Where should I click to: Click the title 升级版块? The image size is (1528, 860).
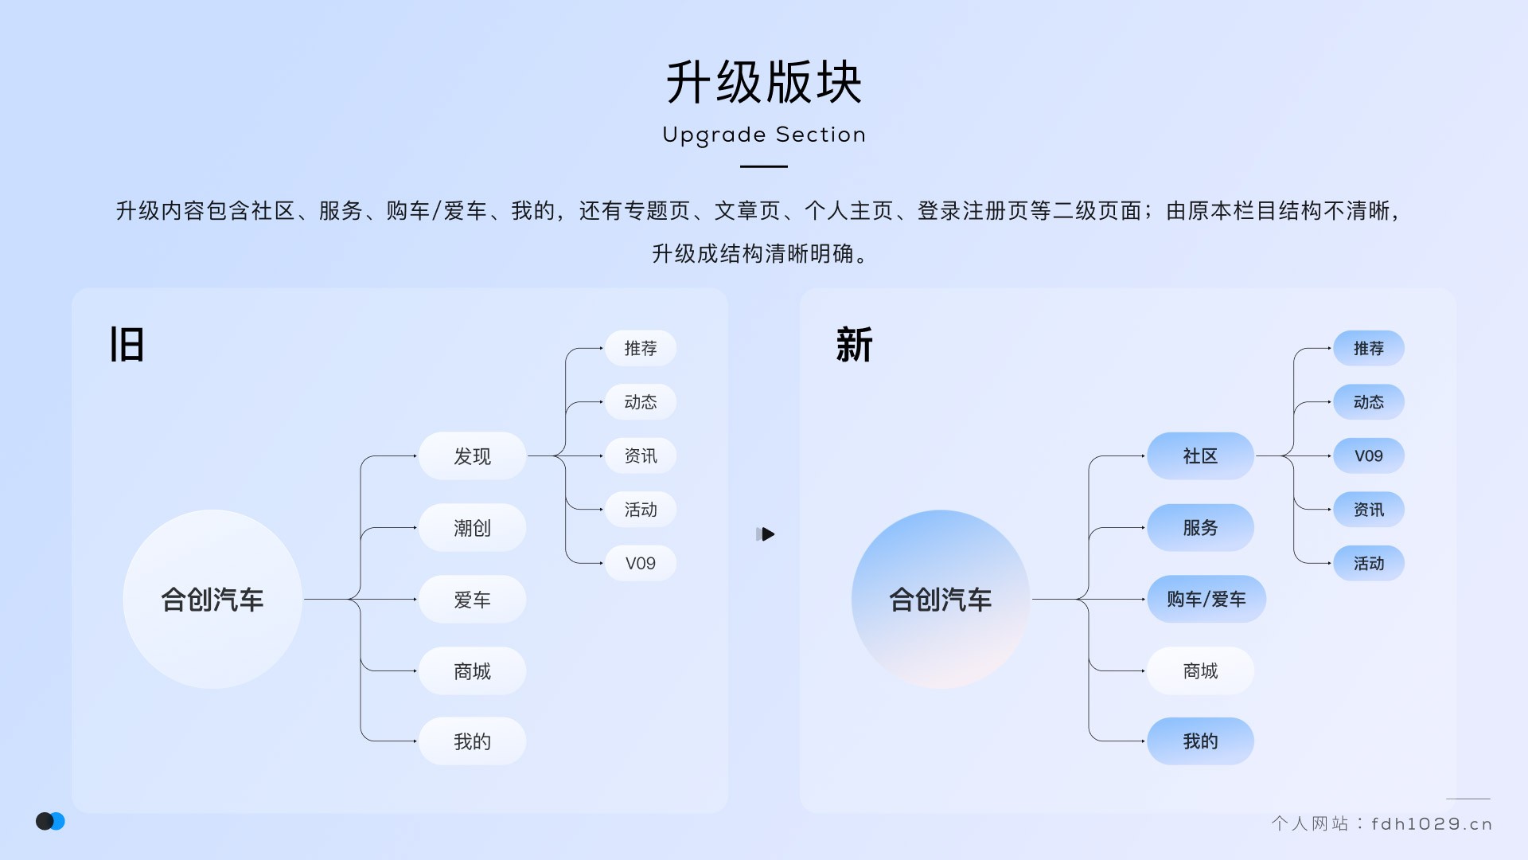[764, 82]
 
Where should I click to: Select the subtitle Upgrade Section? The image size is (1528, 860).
[764, 135]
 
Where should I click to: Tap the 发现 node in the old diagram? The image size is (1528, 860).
[472, 456]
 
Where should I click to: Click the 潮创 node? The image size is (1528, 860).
[472, 528]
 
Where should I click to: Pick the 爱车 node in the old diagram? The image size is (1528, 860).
[472, 600]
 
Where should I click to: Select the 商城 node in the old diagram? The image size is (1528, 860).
[472, 671]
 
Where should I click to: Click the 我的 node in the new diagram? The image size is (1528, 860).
[1200, 741]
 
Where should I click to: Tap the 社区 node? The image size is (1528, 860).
[1200, 456]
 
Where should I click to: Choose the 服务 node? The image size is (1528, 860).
[1200, 528]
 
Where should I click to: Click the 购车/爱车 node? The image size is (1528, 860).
[1206, 599]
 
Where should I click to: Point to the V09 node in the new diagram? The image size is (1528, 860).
[1368, 456]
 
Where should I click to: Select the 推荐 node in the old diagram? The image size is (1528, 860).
[640, 348]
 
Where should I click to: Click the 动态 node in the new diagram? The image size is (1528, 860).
[1368, 402]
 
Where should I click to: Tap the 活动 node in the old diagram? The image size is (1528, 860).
[640, 510]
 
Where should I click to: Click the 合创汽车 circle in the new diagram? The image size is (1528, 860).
[941, 600]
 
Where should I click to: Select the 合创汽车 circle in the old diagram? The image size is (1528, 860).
[212, 600]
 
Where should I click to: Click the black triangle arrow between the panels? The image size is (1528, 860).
[766, 534]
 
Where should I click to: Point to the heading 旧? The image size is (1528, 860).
[127, 345]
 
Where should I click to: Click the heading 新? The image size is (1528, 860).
[855, 345]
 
